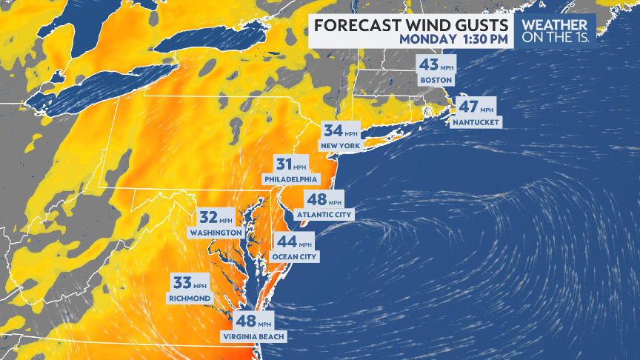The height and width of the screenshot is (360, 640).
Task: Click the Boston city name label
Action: pos(435,80)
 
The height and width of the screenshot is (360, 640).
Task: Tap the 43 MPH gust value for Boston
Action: pos(435,65)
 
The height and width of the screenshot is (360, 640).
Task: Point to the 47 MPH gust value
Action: pos(475,107)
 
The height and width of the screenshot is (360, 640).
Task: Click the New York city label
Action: pos(340,146)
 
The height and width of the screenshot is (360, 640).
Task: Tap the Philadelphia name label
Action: pos(290,179)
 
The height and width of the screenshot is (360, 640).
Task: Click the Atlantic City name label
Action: pos(324,215)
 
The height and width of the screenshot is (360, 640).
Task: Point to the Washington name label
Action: pos(216,233)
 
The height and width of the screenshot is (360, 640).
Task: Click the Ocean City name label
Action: pos(295,256)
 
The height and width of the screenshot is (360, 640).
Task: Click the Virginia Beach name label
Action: pos(253,337)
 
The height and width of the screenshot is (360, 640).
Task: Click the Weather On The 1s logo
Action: pos(556,30)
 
